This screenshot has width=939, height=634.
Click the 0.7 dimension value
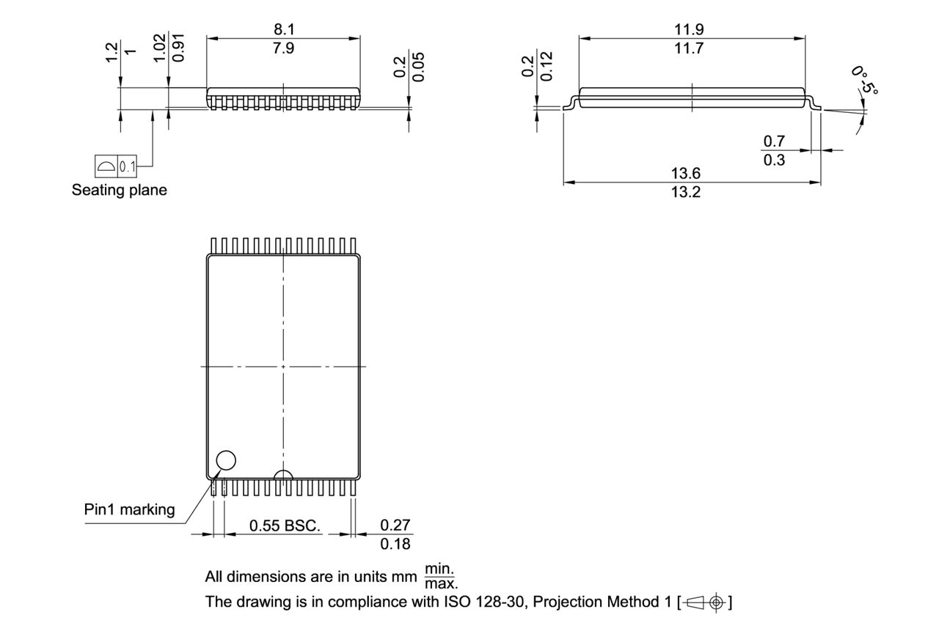(774, 141)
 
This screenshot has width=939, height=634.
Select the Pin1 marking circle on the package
(226, 460)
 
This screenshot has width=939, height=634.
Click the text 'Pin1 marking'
(129, 509)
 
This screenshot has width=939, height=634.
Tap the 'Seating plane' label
(119, 191)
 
